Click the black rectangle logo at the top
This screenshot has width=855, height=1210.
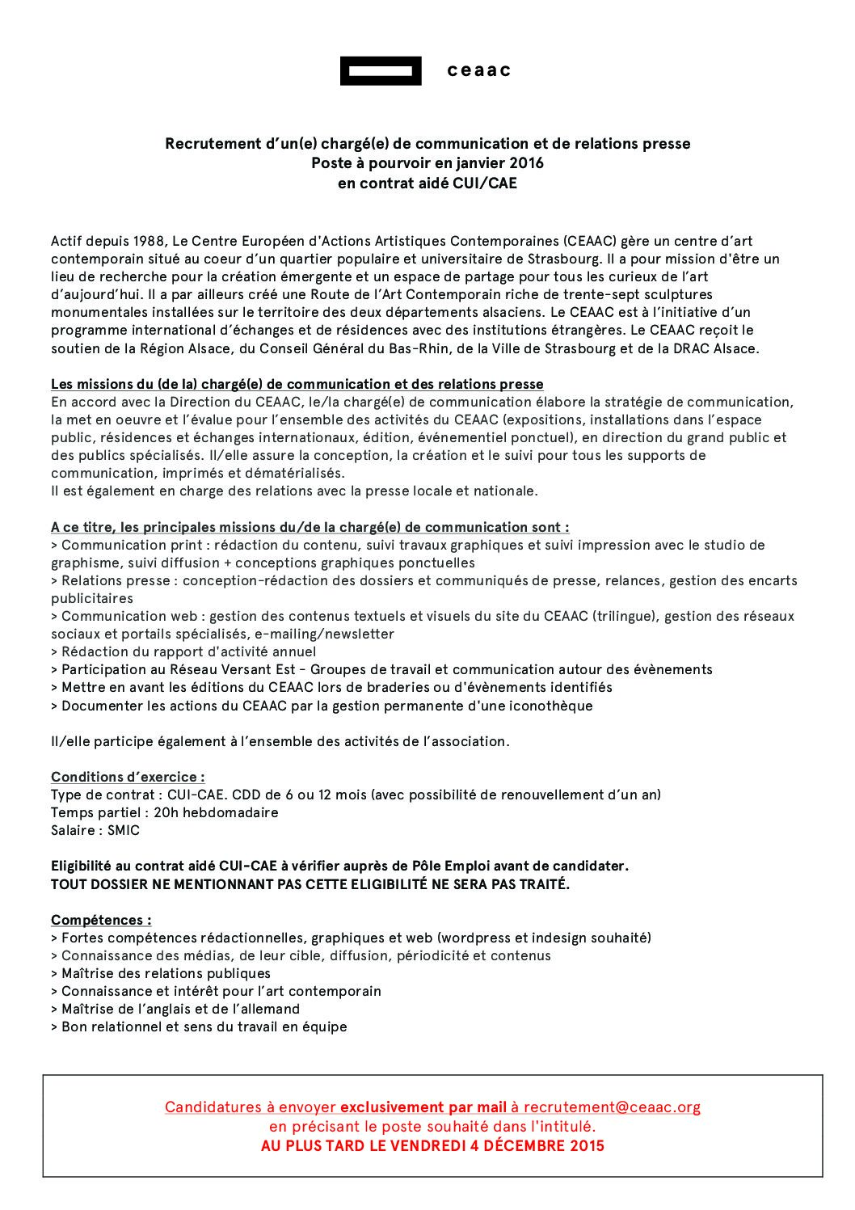[381, 71]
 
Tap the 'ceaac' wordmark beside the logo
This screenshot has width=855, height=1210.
[479, 70]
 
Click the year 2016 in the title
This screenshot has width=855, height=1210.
[526, 162]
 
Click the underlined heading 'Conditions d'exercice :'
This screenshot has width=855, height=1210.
[128, 777]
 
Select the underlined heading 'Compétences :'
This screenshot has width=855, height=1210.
[101, 920]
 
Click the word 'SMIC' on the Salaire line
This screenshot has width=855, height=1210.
[124, 830]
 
